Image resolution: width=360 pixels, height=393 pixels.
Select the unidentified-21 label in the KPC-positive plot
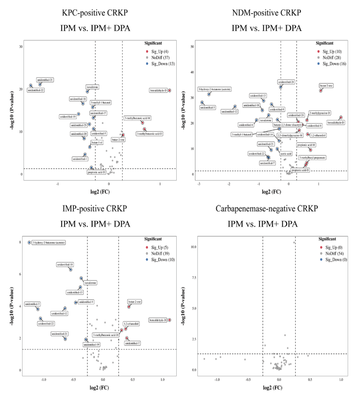[x=45, y=80]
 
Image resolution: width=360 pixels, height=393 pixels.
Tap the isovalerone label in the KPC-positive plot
[x=93, y=87]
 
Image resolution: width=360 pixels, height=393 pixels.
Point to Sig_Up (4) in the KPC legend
[x=158, y=51]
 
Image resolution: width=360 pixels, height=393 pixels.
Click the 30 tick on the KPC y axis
[x=21, y=47]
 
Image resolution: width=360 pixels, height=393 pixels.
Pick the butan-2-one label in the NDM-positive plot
[x=326, y=86]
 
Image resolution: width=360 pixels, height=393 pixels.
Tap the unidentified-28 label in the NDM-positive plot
[x=286, y=82]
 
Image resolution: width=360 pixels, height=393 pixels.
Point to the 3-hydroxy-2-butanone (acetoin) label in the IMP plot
[x=49, y=243]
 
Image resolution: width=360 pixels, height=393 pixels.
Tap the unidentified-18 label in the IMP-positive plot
[x=64, y=265]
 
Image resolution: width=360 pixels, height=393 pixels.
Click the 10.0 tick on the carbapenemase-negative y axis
[x=193, y=246]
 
